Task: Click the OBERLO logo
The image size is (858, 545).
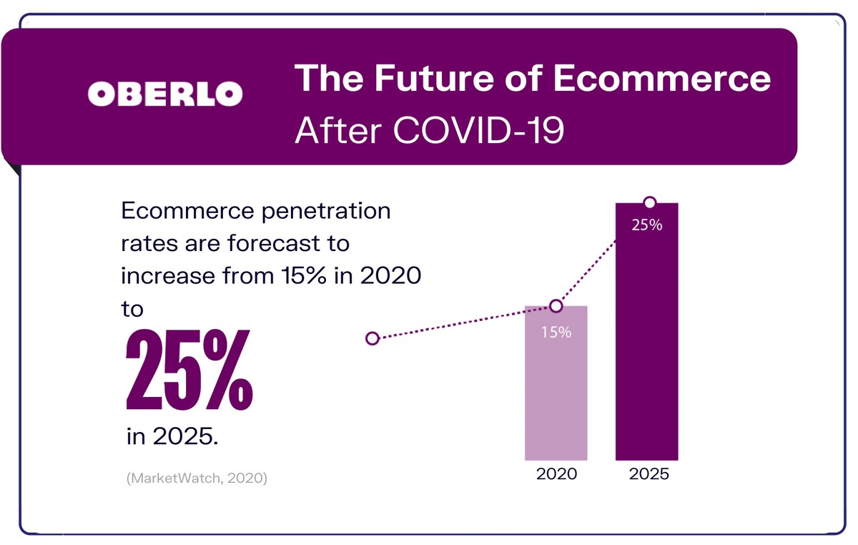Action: click(x=164, y=92)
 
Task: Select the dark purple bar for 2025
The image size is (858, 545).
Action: click(x=646, y=343)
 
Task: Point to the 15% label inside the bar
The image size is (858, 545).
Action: click(x=556, y=333)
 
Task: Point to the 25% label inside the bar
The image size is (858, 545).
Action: click(x=647, y=225)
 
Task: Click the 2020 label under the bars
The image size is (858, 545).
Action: click(x=556, y=474)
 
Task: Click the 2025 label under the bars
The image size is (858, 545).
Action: click(x=649, y=474)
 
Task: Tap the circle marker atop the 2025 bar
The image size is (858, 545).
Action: click(x=649, y=202)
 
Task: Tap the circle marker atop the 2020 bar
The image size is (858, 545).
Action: click(x=556, y=306)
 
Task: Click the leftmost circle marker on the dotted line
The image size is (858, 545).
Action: click(x=372, y=338)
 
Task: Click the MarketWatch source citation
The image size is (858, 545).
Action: click(x=197, y=478)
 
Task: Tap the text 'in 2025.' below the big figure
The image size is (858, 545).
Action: click(x=172, y=436)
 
